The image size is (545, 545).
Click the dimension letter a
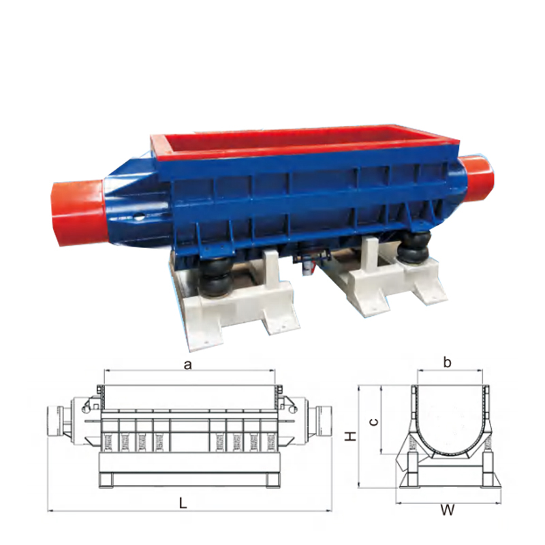coord(188,365)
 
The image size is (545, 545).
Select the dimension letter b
coord(448,362)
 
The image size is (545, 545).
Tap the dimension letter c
coord(373,422)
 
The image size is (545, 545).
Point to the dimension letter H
coord(351,436)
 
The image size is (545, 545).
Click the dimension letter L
coord(183,503)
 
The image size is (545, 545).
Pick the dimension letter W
coord(448,510)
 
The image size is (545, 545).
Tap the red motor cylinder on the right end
coord(477,178)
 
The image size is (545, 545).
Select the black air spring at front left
coord(215,278)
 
